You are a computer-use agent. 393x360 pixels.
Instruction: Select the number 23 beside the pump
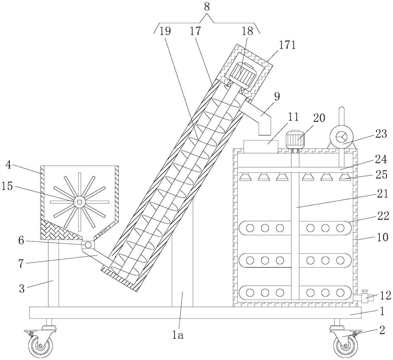pyautogui.click(x=381, y=134)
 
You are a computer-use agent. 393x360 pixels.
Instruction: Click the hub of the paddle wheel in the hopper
pyautogui.click(x=79, y=202)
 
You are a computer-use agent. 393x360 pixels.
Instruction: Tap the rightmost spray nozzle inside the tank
pyautogui.click(x=345, y=177)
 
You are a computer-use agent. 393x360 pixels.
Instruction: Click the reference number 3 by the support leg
pyautogui.click(x=22, y=289)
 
